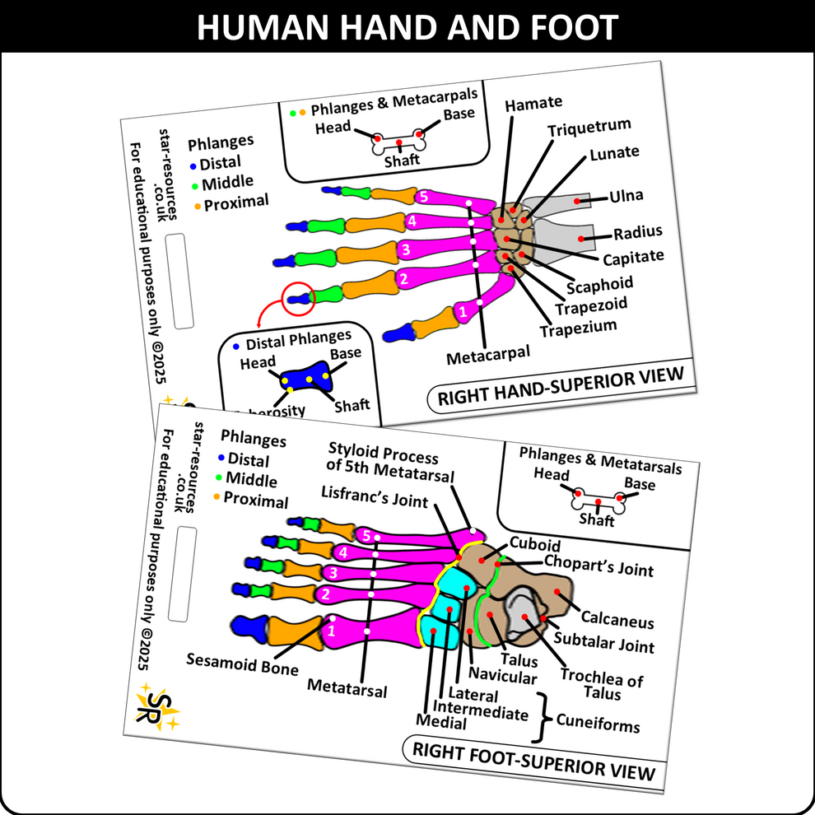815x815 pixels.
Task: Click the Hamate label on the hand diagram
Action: click(533, 104)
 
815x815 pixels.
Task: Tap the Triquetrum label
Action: click(589, 128)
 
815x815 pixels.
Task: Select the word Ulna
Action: click(626, 196)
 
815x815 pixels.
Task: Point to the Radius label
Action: click(637, 232)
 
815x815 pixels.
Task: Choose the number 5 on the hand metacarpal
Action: click(423, 198)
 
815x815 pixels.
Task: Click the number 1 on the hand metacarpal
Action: click(462, 311)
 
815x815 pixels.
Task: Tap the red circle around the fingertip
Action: click(298, 298)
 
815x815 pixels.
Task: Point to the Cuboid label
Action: click(534, 545)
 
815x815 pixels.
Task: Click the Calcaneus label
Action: click(617, 622)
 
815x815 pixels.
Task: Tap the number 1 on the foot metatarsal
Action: click(332, 632)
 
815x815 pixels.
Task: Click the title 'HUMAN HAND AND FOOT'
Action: click(407, 26)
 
